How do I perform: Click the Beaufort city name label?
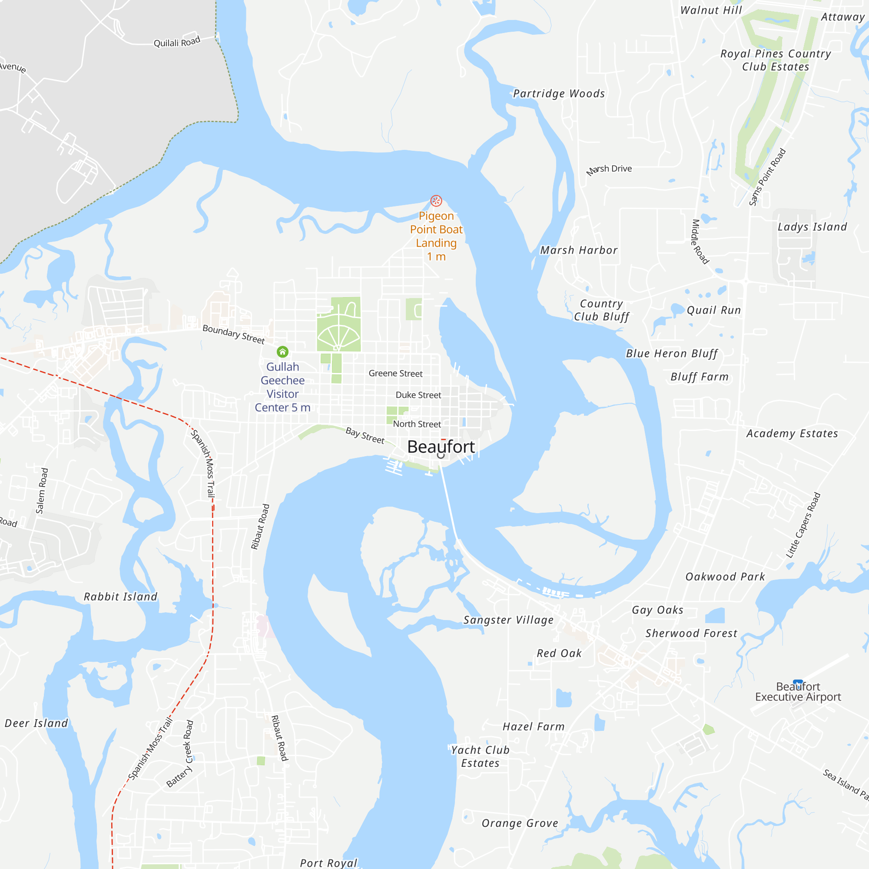tap(441, 447)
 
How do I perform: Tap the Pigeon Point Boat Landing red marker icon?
tap(436, 201)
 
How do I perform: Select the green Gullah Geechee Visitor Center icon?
tap(282, 351)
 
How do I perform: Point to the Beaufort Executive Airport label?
tap(798, 692)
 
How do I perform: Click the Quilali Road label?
tap(177, 42)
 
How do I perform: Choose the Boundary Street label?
tap(233, 334)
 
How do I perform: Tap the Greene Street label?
tap(395, 373)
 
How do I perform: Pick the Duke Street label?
tap(418, 395)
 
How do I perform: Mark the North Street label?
tap(417, 424)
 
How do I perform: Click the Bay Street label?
tap(365, 435)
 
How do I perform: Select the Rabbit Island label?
tap(120, 597)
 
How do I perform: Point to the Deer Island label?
tap(36, 724)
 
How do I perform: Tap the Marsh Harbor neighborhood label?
tap(579, 251)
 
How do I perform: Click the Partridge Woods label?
tap(559, 93)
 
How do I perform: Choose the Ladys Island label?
tap(813, 227)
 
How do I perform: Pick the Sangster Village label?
tap(508, 620)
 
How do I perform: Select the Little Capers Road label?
tap(803, 525)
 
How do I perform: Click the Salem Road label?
tap(41, 491)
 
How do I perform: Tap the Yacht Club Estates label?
tap(481, 756)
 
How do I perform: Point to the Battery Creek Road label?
tap(180, 754)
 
